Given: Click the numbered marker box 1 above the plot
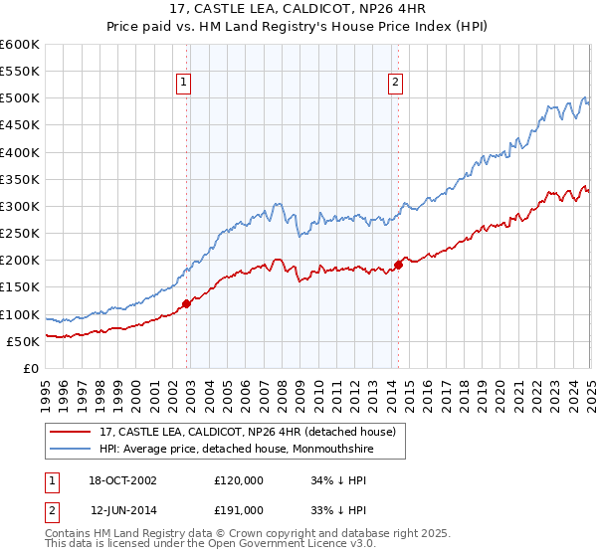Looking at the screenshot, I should point(185,83).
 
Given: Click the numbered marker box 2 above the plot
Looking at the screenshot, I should point(396,83).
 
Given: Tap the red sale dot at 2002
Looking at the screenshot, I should point(186,303).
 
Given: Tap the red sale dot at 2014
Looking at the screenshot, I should point(398,265).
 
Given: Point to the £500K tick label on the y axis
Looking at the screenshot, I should point(19,98).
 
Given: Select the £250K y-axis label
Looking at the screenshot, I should point(19,234).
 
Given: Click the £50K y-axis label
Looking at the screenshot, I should point(23,341).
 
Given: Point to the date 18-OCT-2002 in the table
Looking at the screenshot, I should point(123,480).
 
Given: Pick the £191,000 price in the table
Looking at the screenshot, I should point(239,509).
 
